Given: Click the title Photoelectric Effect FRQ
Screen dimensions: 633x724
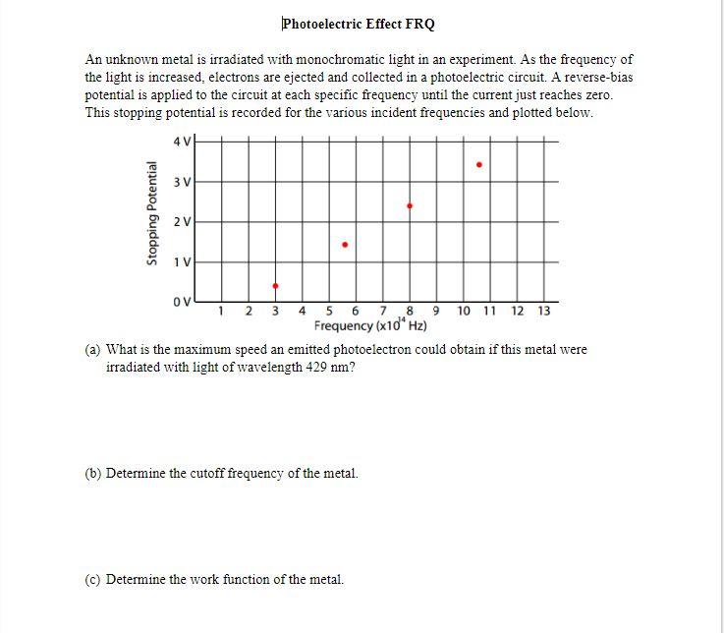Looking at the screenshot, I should pyautogui.click(x=359, y=24).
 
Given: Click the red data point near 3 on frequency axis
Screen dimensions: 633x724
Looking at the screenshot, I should pyautogui.click(x=275, y=286).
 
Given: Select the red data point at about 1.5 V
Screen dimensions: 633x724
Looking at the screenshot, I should pyautogui.click(x=344, y=245).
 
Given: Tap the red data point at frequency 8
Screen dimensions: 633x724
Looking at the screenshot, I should pyautogui.click(x=410, y=206).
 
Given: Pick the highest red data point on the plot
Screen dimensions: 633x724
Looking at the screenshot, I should pyautogui.click(x=478, y=165).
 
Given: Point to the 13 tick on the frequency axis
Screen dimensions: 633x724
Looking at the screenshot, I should pyautogui.click(x=544, y=312).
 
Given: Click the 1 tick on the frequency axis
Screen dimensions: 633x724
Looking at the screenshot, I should pyautogui.click(x=222, y=312).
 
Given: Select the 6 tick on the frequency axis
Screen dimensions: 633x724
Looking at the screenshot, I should pyautogui.click(x=356, y=312).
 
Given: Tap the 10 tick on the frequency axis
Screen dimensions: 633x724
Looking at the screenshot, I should pyautogui.click(x=464, y=312).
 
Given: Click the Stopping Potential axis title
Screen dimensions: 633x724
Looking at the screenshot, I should pyautogui.click(x=152, y=213).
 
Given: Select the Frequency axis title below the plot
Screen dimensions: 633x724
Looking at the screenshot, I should pyautogui.click(x=370, y=326).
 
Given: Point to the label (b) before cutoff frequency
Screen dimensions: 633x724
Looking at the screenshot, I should pyautogui.click(x=94, y=473).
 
